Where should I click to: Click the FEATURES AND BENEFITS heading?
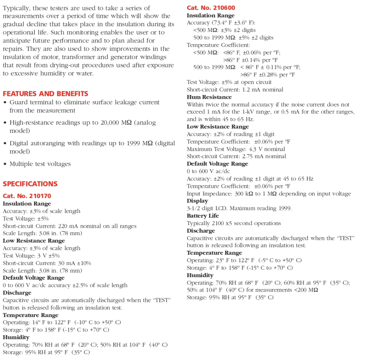(x=45, y=94)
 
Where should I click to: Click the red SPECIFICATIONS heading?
(x=30, y=184)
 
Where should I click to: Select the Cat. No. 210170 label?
(x=27, y=196)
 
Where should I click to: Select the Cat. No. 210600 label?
(x=211, y=8)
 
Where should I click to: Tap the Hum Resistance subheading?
(x=209, y=97)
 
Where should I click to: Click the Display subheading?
(x=197, y=201)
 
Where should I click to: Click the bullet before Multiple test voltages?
(x=5, y=164)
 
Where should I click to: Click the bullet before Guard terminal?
(x=5, y=103)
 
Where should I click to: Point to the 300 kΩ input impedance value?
(x=239, y=194)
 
